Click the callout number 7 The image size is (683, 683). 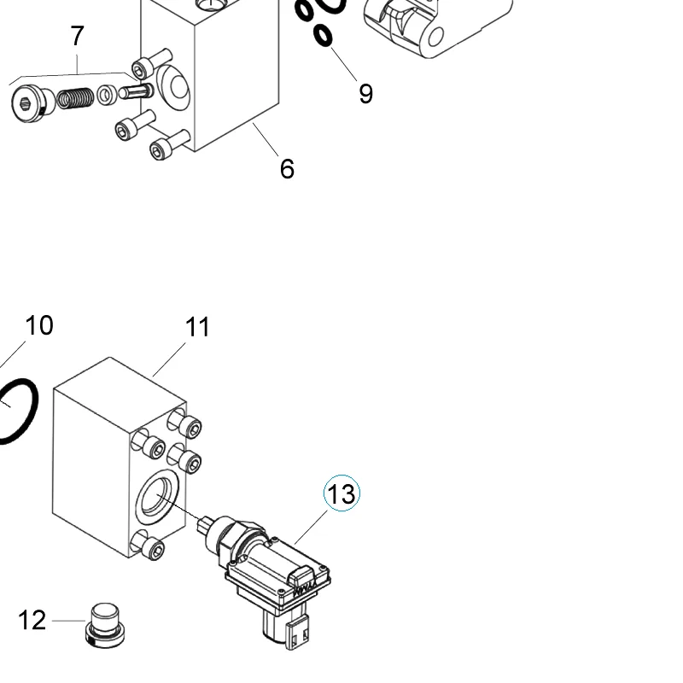tap(77, 36)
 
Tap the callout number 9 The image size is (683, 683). tap(366, 94)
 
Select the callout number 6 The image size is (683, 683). tap(287, 168)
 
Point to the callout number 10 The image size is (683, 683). tap(39, 325)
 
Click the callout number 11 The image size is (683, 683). tap(197, 327)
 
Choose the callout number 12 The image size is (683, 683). tap(32, 621)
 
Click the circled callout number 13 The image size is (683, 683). tap(342, 493)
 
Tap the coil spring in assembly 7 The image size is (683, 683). tap(75, 98)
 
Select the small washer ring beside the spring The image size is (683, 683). tap(107, 95)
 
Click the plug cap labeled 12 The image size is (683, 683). tap(105, 625)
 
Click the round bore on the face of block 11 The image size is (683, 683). tap(158, 498)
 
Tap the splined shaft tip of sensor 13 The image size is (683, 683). tap(204, 524)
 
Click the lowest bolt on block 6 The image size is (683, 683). tap(169, 145)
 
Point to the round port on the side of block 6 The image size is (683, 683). tap(173, 88)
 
